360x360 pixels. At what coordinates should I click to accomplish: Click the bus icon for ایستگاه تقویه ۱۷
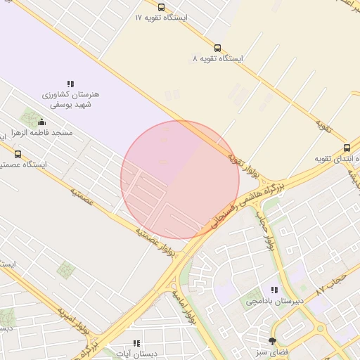161,7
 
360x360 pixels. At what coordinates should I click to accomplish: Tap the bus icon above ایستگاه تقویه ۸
217,49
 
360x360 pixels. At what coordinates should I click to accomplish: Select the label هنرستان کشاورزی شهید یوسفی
71,99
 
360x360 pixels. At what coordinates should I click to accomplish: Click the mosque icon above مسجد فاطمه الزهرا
41,122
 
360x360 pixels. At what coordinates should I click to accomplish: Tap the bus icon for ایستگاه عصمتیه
18,153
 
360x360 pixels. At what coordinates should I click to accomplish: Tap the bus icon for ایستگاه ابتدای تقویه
347,148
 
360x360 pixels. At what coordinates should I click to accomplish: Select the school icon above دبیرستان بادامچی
274,290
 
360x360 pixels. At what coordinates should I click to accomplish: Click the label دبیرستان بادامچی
274,301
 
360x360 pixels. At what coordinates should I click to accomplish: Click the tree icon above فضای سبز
273,340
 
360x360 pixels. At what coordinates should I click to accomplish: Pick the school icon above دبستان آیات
136,342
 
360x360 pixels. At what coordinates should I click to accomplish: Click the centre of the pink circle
181,181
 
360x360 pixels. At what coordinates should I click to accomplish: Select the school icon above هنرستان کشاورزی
70,84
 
